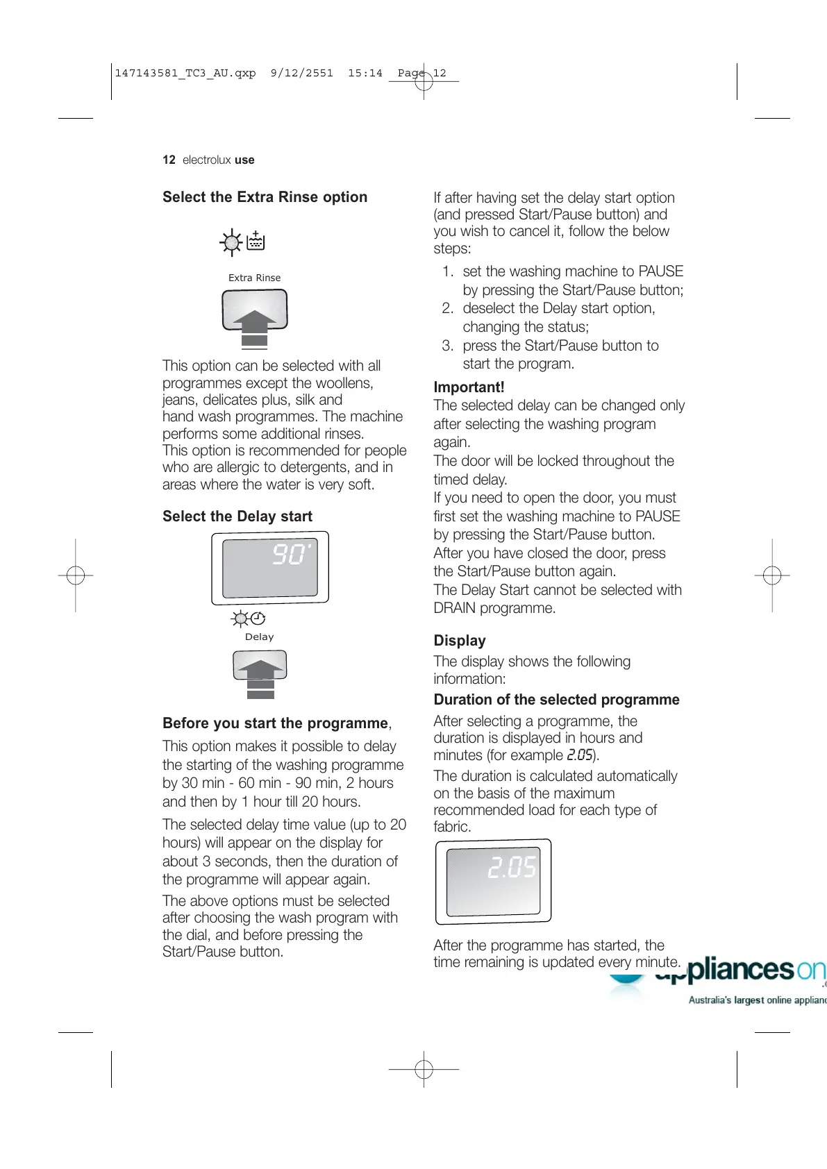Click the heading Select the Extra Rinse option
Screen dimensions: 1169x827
pos(265,197)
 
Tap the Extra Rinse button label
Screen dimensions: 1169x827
pos(254,278)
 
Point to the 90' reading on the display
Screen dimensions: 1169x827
pos(290,554)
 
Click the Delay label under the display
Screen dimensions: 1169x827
pos(259,637)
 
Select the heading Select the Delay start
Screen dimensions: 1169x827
pos(237,516)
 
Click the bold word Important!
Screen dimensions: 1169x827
pos(469,387)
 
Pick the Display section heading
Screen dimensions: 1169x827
pos(460,641)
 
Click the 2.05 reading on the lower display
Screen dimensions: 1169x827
pos(512,868)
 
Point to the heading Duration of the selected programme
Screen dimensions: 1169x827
pos(556,700)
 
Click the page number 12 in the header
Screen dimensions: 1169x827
pos(169,160)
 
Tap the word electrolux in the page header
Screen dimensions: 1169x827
pos(206,160)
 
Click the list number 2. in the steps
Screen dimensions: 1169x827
pos(448,308)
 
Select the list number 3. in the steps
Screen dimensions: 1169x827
pos(448,346)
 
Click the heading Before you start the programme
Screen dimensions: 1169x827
pos(275,723)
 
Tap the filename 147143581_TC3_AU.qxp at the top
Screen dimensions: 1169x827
pos(185,73)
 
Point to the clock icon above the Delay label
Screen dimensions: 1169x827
pos(258,618)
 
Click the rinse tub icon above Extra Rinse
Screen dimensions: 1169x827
pos(256,242)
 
